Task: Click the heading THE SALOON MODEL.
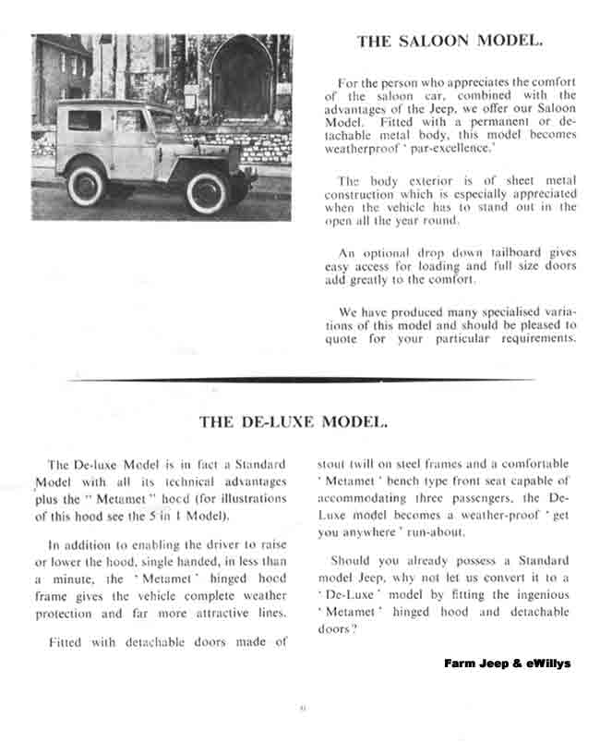[450, 41]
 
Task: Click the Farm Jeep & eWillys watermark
[507, 663]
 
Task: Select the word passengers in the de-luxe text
[480, 499]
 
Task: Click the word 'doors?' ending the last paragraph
[336, 628]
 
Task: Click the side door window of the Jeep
[131, 120]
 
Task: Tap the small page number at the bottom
[302, 709]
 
